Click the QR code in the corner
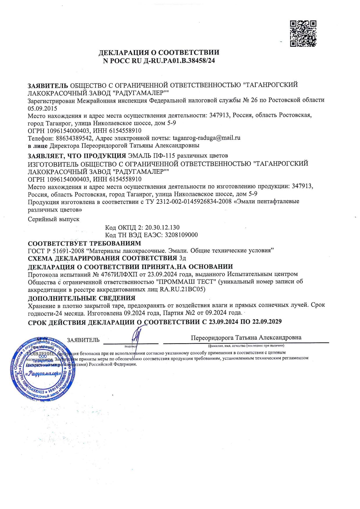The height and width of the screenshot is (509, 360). pos(303,34)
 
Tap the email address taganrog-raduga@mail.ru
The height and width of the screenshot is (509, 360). pos(206,138)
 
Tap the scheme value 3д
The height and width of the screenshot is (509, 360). pos(182,258)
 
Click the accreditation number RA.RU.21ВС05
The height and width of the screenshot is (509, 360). pos(182,289)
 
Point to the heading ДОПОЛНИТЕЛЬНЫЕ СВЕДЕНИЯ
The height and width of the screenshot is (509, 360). pos(82,298)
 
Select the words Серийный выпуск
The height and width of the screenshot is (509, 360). pos(54,219)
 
